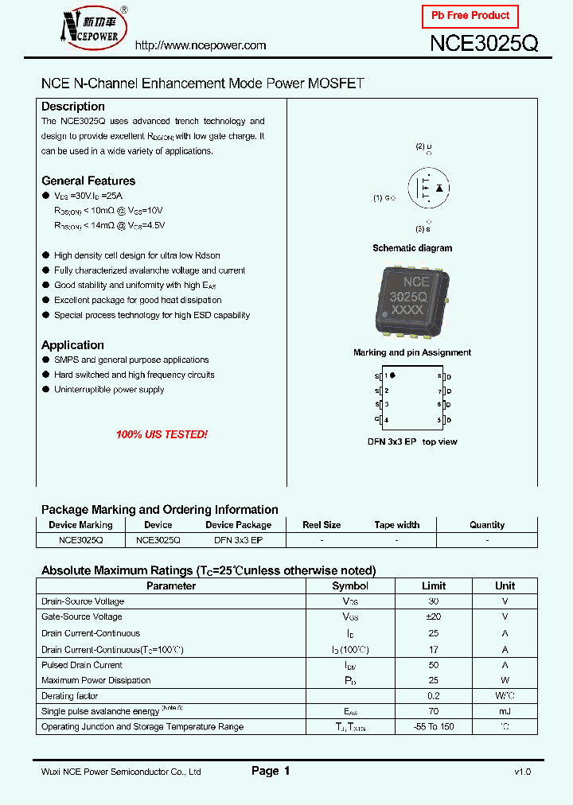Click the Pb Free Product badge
[470, 16]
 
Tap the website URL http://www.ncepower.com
[200, 45]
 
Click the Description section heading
[72, 107]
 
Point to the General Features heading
[88, 181]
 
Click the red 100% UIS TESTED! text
[162, 435]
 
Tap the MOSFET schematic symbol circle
[428, 189]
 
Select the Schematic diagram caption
[412, 248]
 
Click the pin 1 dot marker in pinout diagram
[392, 375]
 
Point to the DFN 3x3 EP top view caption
[411, 441]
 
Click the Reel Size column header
[322, 525]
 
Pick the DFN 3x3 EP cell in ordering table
[238, 539]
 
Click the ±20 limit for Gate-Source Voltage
[433, 616]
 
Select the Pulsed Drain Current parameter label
[82, 665]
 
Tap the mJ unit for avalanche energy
[505, 711]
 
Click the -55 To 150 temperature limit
[433, 726]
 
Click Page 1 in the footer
[271, 771]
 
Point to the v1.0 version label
[522, 772]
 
